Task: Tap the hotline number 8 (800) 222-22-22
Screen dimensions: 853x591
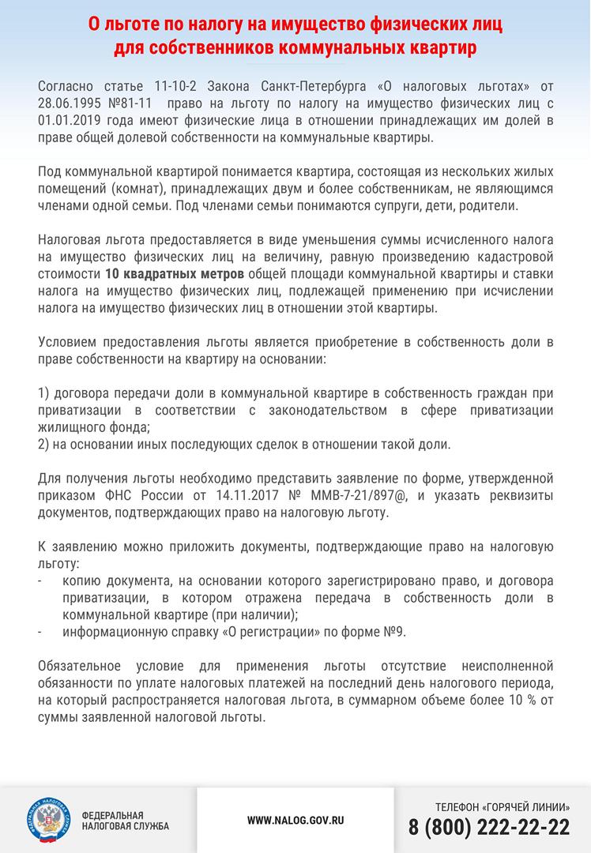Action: (489, 826)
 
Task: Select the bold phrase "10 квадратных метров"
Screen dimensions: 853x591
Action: (176, 274)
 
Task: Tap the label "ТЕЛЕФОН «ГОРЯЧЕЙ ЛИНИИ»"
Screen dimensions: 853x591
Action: (502, 806)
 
